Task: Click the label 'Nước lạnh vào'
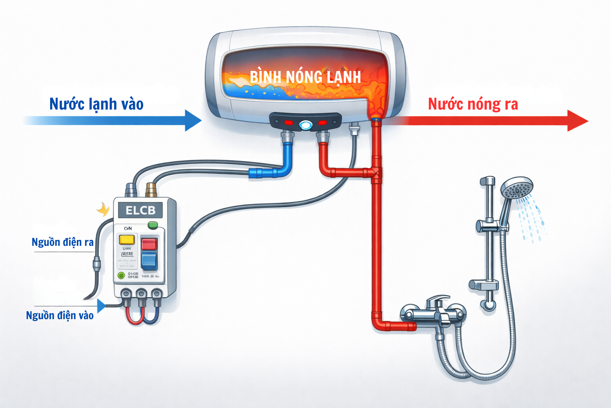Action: [96, 104]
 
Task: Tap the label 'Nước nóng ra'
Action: [473, 104]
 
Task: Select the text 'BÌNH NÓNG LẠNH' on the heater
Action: [305, 77]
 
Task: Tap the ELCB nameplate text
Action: [140, 210]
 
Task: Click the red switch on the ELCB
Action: [149, 243]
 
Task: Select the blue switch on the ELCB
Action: [149, 260]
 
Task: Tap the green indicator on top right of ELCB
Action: [152, 226]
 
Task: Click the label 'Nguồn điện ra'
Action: [62, 242]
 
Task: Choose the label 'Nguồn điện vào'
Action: [60, 316]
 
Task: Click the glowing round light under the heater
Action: [305, 126]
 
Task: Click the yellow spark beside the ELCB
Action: [103, 209]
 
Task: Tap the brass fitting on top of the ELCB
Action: [151, 190]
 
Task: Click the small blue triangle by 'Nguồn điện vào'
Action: [101, 306]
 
